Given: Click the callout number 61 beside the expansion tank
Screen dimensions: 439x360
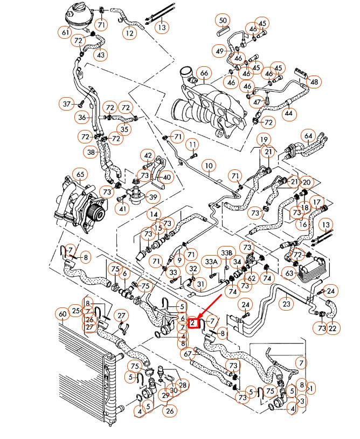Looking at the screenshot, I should pyautogui.click(x=65, y=33).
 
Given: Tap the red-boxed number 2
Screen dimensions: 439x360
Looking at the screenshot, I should pyautogui.click(x=193, y=323).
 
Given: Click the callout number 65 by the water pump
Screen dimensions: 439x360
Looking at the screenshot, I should pyautogui.click(x=79, y=175).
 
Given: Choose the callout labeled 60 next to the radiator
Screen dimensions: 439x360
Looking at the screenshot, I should pyautogui.click(x=63, y=314).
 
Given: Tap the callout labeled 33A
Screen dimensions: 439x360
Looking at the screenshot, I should pyautogui.click(x=211, y=262).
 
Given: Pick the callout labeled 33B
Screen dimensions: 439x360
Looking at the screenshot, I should pyautogui.click(x=226, y=252).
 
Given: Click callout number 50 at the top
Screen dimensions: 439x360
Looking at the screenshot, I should pyautogui.click(x=223, y=21).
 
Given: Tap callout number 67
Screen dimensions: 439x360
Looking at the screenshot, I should pyautogui.click(x=188, y=354).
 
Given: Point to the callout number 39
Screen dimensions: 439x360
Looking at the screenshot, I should pyautogui.click(x=153, y=197).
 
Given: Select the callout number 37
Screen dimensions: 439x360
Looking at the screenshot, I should pyautogui.click(x=67, y=104).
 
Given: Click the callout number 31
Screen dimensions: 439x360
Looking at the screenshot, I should pyautogui.click(x=200, y=284).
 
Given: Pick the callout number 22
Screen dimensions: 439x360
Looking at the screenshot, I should pyautogui.click(x=333, y=328).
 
